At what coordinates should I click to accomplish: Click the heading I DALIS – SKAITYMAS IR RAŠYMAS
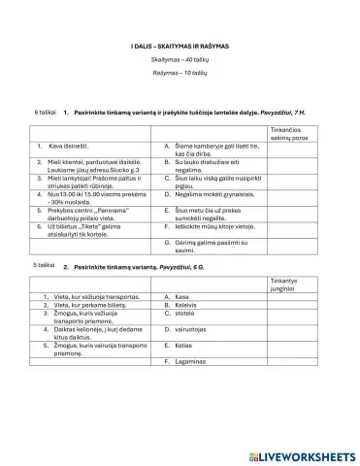[180, 47]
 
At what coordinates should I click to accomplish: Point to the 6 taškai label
[44, 112]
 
